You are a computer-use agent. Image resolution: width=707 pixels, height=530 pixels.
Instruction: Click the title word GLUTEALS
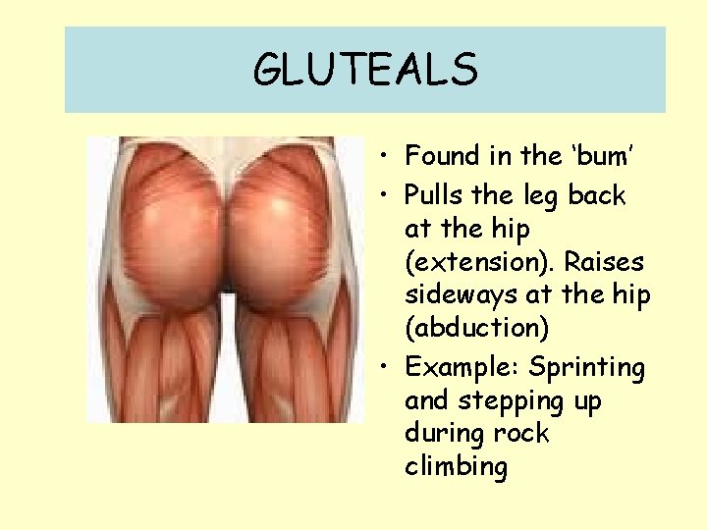click(x=365, y=70)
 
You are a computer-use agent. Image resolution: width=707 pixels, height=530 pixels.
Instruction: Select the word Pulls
click(x=435, y=196)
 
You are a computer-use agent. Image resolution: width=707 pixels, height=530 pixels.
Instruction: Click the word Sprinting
click(x=586, y=368)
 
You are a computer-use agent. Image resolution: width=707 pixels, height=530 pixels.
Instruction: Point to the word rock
click(x=525, y=434)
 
